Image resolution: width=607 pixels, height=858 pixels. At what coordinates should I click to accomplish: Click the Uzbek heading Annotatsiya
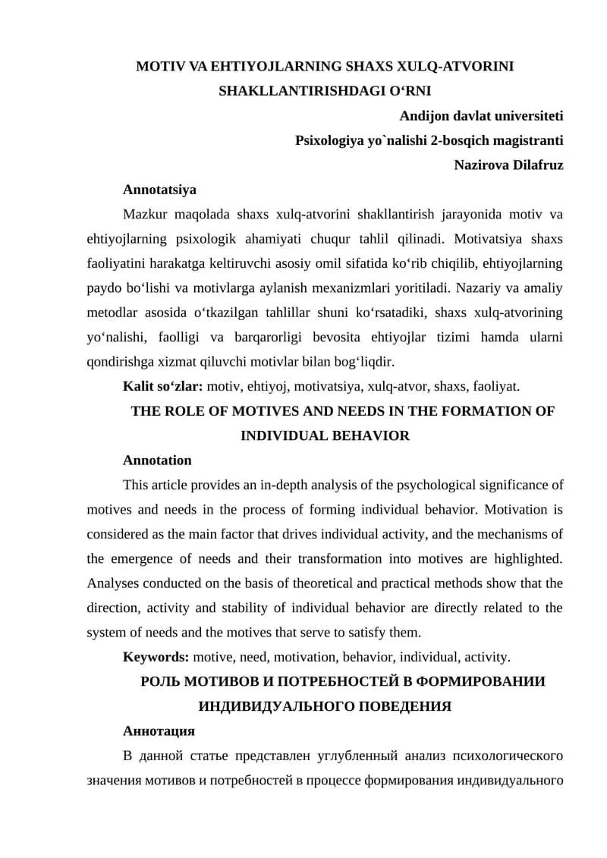coord(159,190)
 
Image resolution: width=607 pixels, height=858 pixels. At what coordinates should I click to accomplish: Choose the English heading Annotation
coord(157,460)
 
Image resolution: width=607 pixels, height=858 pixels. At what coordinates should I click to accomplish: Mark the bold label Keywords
coord(156,656)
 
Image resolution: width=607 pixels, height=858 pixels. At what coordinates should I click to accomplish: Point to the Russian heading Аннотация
coord(159,731)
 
